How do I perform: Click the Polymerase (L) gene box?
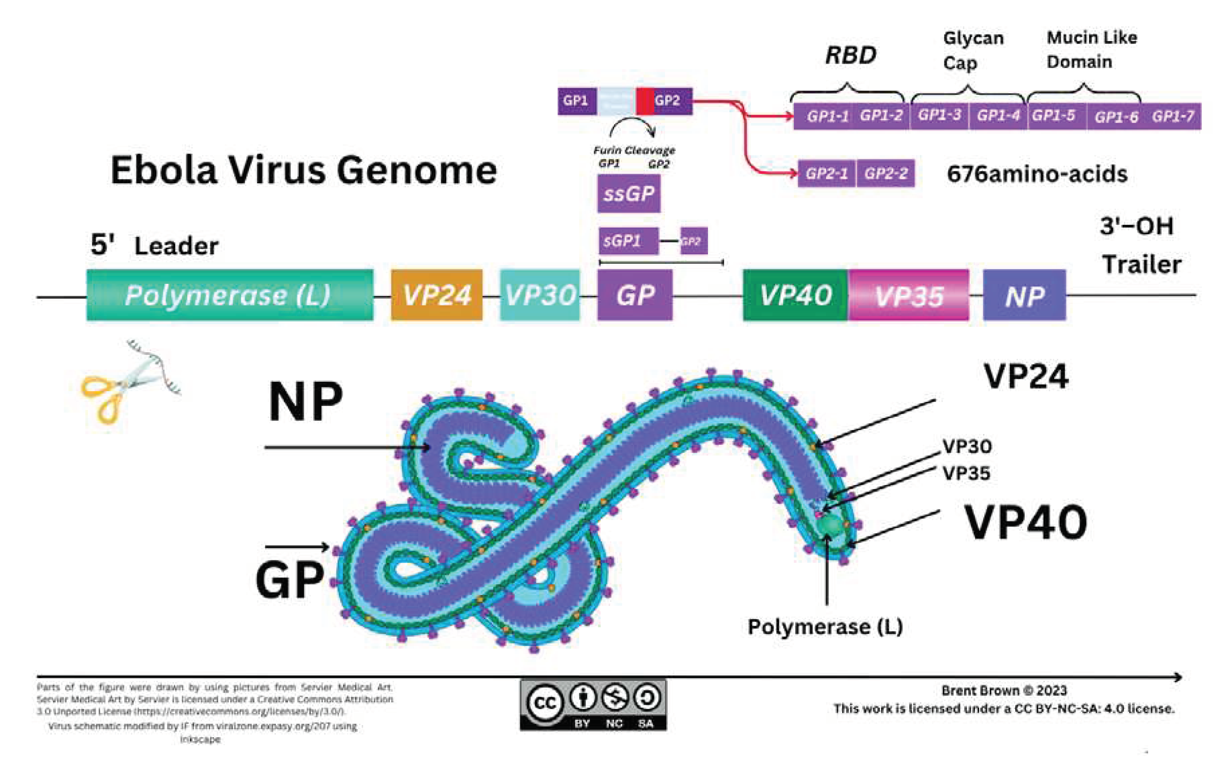pyautogui.click(x=230, y=295)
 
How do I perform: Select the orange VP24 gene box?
pyautogui.click(x=437, y=295)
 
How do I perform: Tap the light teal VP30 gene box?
pyautogui.click(x=540, y=295)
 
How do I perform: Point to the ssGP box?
pyautogui.click(x=628, y=194)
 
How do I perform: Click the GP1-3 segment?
pyautogui.click(x=939, y=116)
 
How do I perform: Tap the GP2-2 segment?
pyautogui.click(x=885, y=173)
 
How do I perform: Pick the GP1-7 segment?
pyautogui.click(x=1172, y=116)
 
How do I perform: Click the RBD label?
pyautogui.click(x=851, y=55)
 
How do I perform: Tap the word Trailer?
pyautogui.click(x=1141, y=265)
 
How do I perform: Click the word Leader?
pyautogui.click(x=176, y=246)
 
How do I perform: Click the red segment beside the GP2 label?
pyautogui.click(x=645, y=101)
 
